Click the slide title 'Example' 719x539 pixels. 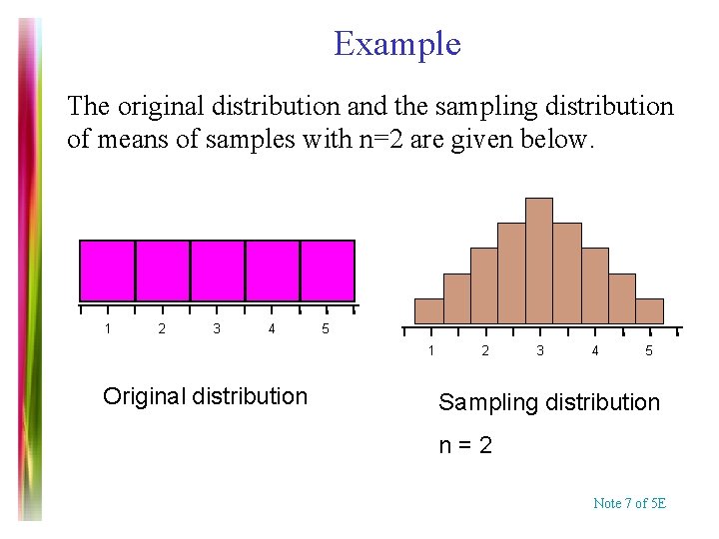(x=396, y=44)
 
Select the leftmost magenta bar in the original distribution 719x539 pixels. (x=108, y=270)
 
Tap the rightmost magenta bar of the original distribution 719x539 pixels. (x=328, y=270)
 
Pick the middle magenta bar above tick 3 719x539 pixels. (x=218, y=270)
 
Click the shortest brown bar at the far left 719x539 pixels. (x=429, y=311)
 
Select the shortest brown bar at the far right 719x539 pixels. (x=649, y=311)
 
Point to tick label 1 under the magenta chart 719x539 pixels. (x=108, y=328)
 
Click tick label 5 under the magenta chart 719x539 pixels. (x=325, y=328)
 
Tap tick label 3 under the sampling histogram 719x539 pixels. (x=540, y=350)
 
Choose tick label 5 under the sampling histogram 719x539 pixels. (x=649, y=350)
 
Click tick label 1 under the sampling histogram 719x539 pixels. (x=431, y=350)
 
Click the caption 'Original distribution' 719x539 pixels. (x=205, y=396)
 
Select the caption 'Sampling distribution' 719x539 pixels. (x=549, y=402)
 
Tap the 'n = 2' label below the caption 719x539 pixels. (x=465, y=445)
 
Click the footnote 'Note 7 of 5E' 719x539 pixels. (x=629, y=503)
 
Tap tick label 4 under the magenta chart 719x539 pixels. (x=272, y=328)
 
